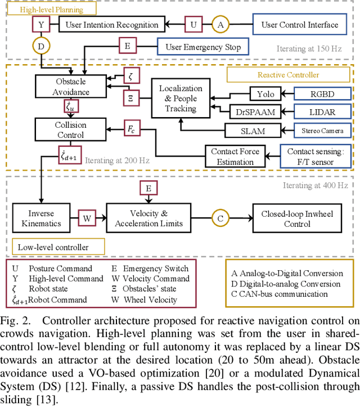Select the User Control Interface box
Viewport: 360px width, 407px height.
pyautogui.click(x=300, y=24)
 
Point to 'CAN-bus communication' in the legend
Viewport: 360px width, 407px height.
pyautogui.click(x=281, y=293)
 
